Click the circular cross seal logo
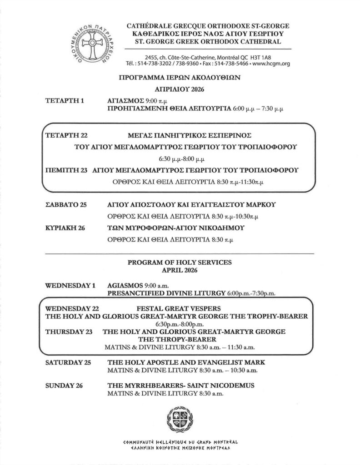coord(94,47)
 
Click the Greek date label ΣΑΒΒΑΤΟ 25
coord(66,205)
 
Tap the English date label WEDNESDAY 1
coord(71,286)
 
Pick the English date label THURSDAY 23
coord(70,332)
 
